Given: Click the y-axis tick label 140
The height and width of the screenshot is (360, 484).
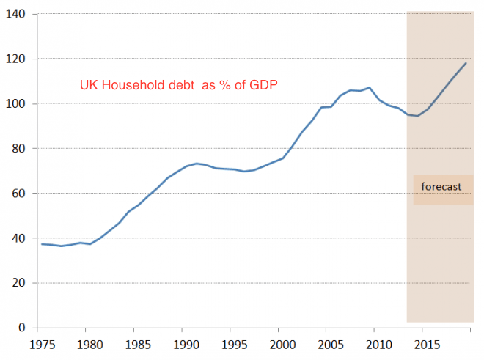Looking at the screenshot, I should [x=15, y=14].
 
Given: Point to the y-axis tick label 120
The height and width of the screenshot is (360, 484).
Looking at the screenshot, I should [x=15, y=59].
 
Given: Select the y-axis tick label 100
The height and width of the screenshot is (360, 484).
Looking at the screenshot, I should [x=15, y=103].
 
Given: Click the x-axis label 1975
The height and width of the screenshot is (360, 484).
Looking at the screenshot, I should [x=40, y=343].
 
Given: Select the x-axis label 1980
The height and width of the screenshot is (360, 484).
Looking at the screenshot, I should [x=88, y=343].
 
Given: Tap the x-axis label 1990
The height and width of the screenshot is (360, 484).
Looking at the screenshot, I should [x=184, y=343].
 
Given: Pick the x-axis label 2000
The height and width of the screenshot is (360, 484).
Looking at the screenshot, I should [x=280, y=343].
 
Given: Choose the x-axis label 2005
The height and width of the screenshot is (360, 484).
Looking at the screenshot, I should [x=329, y=343].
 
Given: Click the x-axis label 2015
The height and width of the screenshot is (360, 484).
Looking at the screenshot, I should [x=425, y=343].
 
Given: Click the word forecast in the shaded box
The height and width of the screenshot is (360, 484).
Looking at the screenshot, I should [x=441, y=187].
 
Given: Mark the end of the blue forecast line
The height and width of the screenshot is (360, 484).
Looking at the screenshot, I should [x=466, y=63].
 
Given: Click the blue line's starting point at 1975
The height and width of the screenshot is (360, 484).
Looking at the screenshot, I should [x=41, y=244].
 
